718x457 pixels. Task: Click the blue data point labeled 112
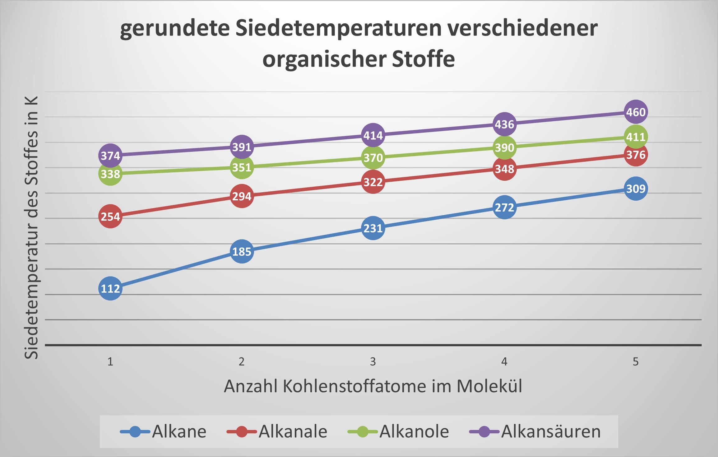point(110,288)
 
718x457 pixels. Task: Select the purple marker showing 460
point(636,112)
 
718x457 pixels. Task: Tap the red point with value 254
point(110,216)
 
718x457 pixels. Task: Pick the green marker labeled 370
point(373,158)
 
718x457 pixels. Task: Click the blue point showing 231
point(373,228)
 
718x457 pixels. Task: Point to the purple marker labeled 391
point(242,147)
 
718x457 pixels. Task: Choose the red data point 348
point(504,169)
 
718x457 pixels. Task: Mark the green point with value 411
point(636,137)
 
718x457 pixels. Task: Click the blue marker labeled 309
point(636,189)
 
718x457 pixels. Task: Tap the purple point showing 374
point(110,155)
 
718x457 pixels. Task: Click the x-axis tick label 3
point(373,361)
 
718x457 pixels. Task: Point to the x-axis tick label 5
point(636,361)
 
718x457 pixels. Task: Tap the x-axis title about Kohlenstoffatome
point(373,386)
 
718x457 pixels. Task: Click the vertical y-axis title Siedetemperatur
point(31,227)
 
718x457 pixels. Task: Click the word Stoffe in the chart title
point(423,59)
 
